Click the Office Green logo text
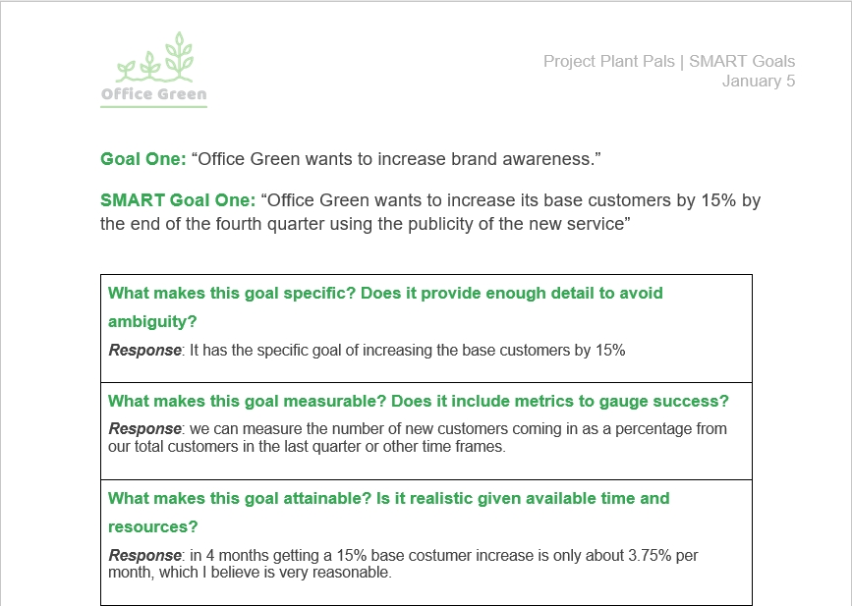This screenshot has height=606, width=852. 154,94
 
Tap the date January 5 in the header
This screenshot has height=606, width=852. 758,82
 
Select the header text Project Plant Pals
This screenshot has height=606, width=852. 608,62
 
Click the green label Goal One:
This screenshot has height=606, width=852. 142,159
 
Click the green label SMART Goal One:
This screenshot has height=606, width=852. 178,201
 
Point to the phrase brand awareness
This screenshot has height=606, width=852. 523,159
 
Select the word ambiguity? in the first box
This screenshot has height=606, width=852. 152,321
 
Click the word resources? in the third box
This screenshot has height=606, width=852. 152,526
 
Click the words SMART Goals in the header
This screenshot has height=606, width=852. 741,62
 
